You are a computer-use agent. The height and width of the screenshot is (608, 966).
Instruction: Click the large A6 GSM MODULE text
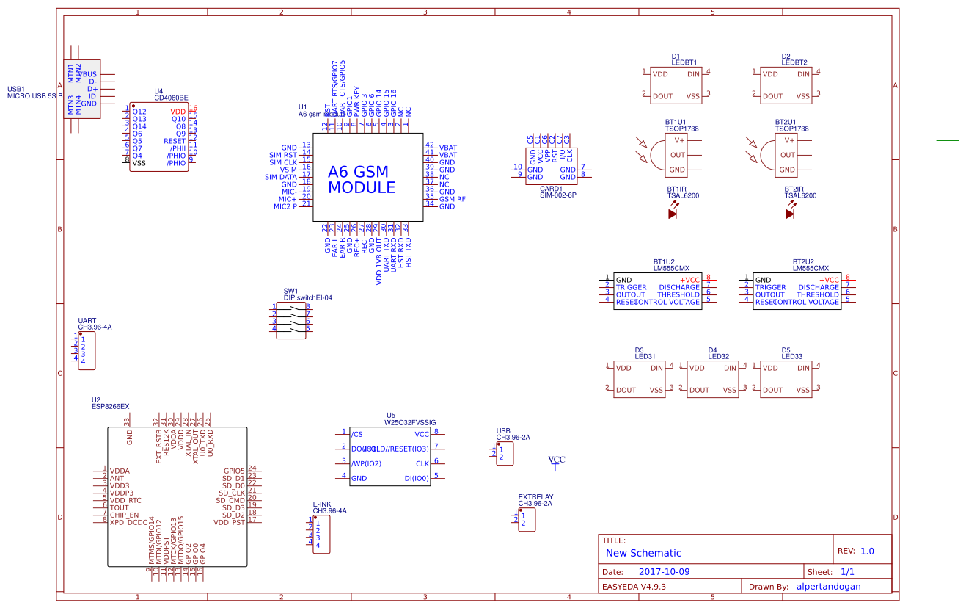[x=362, y=180]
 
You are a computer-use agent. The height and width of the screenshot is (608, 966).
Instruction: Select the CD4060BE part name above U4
[x=171, y=98]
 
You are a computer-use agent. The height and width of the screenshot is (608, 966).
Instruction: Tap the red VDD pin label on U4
[x=178, y=112]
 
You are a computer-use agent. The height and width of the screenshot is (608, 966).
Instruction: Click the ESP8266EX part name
[x=110, y=406]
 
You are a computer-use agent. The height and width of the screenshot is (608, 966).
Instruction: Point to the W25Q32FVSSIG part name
[x=410, y=423]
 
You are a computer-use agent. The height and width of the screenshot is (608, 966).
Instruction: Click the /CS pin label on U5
[x=357, y=434]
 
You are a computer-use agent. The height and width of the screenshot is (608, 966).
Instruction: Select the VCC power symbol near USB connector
[x=557, y=460]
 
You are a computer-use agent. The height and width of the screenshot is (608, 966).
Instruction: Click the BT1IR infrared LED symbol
[x=673, y=214]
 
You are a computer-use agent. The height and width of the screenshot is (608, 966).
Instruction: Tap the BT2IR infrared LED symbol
[x=790, y=214]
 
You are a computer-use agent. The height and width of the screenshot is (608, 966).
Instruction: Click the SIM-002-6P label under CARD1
[x=558, y=195]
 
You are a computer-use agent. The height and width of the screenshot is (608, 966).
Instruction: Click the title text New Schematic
[x=643, y=553]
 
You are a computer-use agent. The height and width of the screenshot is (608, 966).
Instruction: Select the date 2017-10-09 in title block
[x=665, y=571]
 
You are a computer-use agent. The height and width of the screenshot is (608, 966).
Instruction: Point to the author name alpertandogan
[x=828, y=587]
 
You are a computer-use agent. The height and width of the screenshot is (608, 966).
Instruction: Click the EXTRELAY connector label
[x=535, y=496]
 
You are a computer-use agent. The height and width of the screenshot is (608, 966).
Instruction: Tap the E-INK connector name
[x=322, y=504]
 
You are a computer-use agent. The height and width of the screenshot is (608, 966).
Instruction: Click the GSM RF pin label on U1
[x=452, y=199]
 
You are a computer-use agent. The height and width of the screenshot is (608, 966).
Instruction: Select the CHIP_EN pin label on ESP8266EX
[x=124, y=515]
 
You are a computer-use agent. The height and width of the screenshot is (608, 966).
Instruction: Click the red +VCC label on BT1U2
[x=689, y=280]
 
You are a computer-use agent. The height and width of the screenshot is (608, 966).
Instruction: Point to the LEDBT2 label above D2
[x=795, y=62]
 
